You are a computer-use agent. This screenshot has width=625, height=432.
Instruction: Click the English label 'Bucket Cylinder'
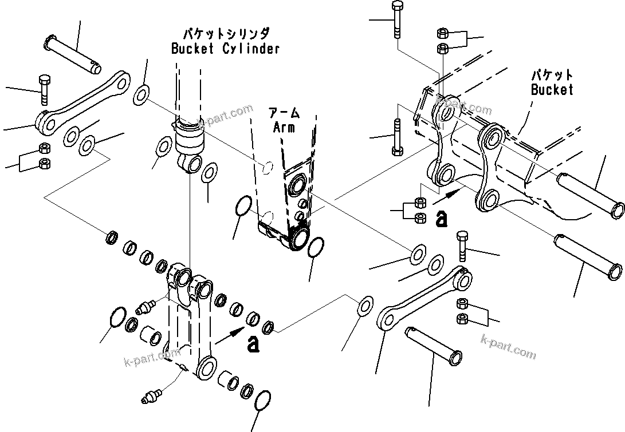[226, 48]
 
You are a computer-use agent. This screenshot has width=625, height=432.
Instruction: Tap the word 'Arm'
[284, 127]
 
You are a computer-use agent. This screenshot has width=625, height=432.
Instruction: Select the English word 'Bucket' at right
[552, 89]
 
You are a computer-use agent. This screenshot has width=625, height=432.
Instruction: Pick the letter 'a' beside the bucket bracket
[441, 218]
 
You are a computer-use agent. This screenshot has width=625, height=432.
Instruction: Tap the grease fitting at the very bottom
[152, 395]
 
